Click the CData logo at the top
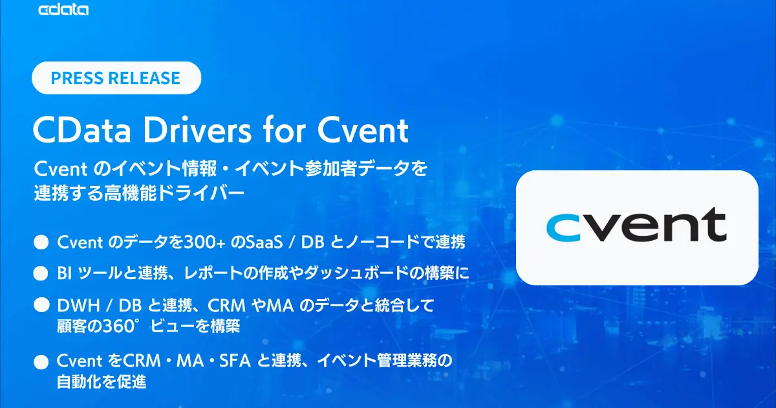(x=63, y=10)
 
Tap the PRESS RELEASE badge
(x=116, y=78)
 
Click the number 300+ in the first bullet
(x=204, y=242)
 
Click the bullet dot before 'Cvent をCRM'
(x=41, y=361)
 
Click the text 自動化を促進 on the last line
(x=102, y=383)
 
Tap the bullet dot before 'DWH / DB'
(x=41, y=304)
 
